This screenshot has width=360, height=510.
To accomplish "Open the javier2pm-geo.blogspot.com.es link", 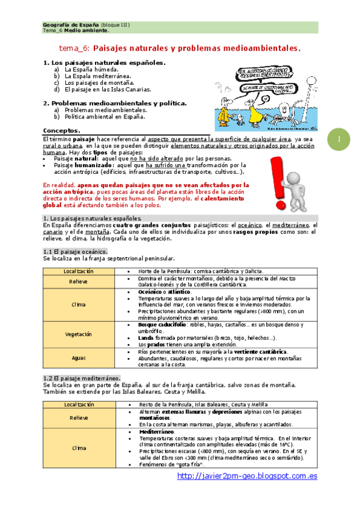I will [x=247, y=476].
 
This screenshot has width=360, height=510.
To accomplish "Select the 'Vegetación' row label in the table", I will [x=78, y=334].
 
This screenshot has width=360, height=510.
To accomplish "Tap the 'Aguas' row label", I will [x=78, y=358].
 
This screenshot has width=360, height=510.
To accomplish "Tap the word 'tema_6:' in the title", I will [x=75, y=47].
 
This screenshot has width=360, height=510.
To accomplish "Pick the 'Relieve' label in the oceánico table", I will [x=78, y=281].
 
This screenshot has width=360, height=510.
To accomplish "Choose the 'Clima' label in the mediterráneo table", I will [x=78, y=448].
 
